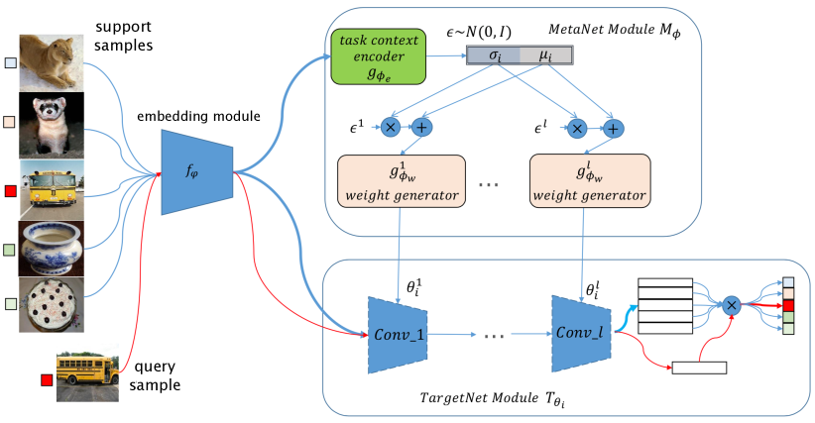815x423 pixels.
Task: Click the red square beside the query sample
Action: click(x=44, y=379)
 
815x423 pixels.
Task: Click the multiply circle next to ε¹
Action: click(x=391, y=128)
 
